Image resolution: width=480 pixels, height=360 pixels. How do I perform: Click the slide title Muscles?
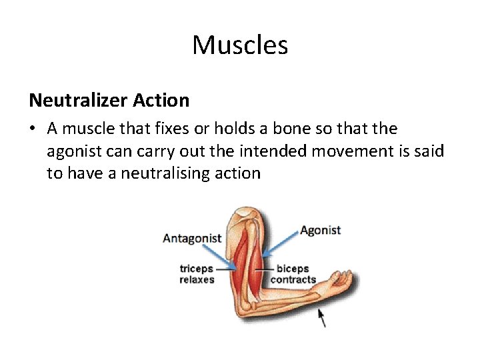pos(240,45)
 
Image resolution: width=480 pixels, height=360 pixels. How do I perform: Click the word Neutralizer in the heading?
pos(76,101)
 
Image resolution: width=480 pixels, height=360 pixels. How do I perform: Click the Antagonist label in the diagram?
pos(192,239)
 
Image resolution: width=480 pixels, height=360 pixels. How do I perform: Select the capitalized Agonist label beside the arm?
pos(320,230)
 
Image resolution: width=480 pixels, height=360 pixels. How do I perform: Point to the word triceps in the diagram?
pos(196,269)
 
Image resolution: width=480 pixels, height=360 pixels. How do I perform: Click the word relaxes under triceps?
pos(197,280)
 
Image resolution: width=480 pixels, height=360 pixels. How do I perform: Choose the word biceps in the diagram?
pos(293,269)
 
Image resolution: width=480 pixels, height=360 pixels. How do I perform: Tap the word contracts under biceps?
pos(293,280)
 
